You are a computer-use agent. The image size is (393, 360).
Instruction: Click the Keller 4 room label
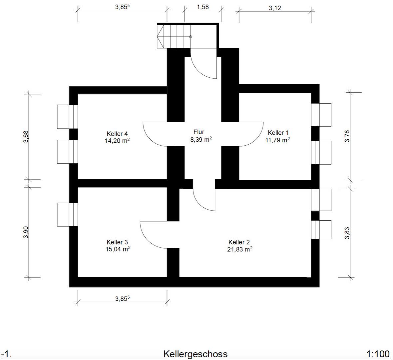pyautogui.click(x=117, y=134)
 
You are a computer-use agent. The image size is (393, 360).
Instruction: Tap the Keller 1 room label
pyautogui.click(x=278, y=132)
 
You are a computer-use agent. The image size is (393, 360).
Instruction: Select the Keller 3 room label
pyautogui.click(x=117, y=242)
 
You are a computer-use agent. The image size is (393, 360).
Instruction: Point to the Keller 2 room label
pyautogui.click(x=239, y=242)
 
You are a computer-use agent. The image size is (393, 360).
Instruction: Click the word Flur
pyautogui.click(x=199, y=132)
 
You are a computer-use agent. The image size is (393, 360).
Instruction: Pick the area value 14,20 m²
pyautogui.click(x=117, y=140)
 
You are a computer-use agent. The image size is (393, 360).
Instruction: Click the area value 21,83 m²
pyautogui.click(x=239, y=249)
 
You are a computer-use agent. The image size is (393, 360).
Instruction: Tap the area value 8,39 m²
pyautogui.click(x=201, y=139)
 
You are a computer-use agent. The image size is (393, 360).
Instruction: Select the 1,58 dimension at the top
pyautogui.click(x=203, y=7)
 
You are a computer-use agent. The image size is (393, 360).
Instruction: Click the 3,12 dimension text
pyautogui.click(x=275, y=8)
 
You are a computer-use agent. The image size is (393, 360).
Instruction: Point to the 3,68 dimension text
pyautogui.click(x=26, y=137)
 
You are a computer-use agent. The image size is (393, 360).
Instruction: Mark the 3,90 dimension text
pyautogui.click(x=26, y=232)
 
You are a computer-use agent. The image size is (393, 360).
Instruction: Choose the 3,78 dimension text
pyautogui.click(x=347, y=136)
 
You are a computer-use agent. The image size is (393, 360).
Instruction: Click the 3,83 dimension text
pyautogui.click(x=347, y=233)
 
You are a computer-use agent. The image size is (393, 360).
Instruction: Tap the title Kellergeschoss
pyautogui.click(x=196, y=354)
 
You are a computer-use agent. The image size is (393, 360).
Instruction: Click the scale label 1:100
pyautogui.click(x=378, y=354)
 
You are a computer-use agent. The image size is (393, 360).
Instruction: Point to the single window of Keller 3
pyautogui.click(x=67, y=214)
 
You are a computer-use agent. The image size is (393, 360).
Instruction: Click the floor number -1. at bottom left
pyautogui.click(x=6, y=354)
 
